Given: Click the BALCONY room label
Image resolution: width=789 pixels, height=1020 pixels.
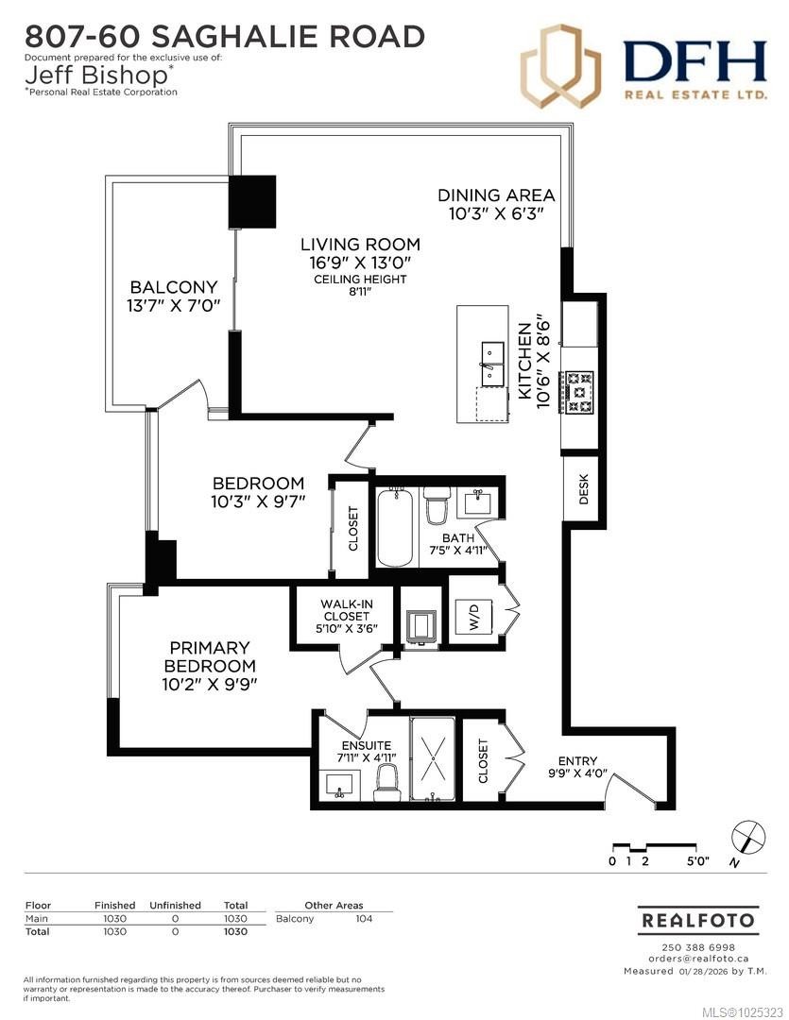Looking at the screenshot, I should (174, 287).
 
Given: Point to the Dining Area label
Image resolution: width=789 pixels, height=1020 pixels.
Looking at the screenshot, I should (496, 195).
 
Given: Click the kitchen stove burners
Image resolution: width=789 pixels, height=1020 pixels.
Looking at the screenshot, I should (578, 391).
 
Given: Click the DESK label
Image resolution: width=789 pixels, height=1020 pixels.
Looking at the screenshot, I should (583, 488).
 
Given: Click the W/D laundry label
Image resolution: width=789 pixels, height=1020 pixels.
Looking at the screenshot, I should (474, 620).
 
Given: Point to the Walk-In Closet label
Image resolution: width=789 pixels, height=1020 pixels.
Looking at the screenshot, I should (345, 610).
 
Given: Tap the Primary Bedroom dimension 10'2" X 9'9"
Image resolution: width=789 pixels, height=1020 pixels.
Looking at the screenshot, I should (210, 683).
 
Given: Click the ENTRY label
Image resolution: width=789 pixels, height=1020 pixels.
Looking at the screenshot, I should (577, 761).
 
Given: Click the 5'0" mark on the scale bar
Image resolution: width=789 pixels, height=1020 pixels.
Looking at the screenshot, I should (697, 861).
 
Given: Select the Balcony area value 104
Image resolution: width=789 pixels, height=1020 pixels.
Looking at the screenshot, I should (363, 919).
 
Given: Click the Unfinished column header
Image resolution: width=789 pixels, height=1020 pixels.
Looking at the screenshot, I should (175, 905).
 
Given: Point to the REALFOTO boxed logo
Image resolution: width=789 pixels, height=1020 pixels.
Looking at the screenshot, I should (698, 919).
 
